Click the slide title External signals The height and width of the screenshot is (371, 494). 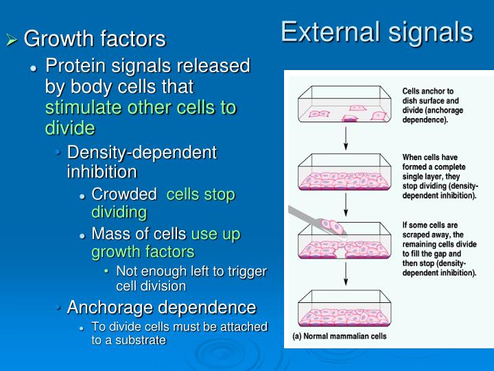pyautogui.click(x=376, y=32)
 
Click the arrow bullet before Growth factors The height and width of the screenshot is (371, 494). pyautogui.click(x=12, y=40)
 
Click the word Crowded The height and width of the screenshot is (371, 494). pyautogui.click(x=123, y=194)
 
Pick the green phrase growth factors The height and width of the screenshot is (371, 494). pyautogui.click(x=143, y=251)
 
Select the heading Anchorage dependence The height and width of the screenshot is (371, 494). pyautogui.click(x=161, y=306)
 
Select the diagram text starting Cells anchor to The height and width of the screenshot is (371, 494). pyautogui.click(x=433, y=105)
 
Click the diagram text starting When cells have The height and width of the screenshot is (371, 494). pyautogui.click(x=438, y=176)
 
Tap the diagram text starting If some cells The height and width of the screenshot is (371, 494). pyautogui.click(x=438, y=249)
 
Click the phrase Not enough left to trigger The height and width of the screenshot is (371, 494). pyautogui.click(x=191, y=271)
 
